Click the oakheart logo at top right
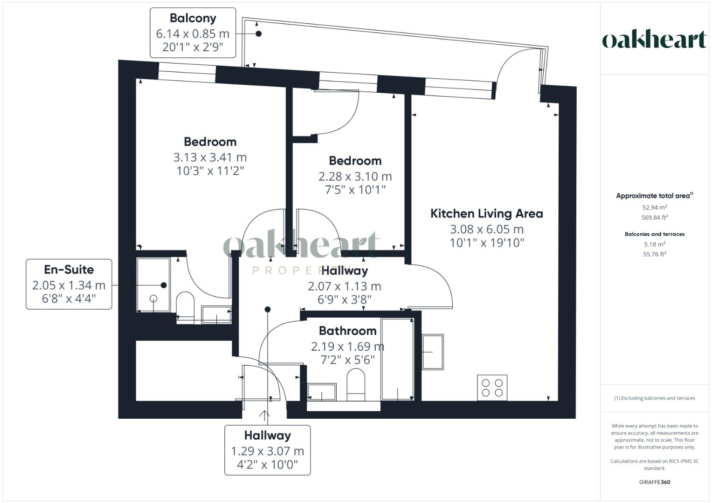(654, 40)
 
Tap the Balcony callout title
(193, 18)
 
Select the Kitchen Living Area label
(486, 214)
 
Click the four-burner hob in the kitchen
(492, 387)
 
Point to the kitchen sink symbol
(433, 352)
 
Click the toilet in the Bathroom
(356, 384)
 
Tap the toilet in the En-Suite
(185, 305)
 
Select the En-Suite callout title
(69, 270)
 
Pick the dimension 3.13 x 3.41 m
(210, 157)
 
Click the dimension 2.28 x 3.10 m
(355, 177)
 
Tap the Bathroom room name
(347, 331)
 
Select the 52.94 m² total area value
(654, 208)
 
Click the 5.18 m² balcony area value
(654, 244)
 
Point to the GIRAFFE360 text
(654, 482)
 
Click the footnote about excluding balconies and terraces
(654, 398)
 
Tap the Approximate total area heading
(654, 196)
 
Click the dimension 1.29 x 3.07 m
(267, 451)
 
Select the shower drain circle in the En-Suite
(153, 299)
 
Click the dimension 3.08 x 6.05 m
(486, 229)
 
